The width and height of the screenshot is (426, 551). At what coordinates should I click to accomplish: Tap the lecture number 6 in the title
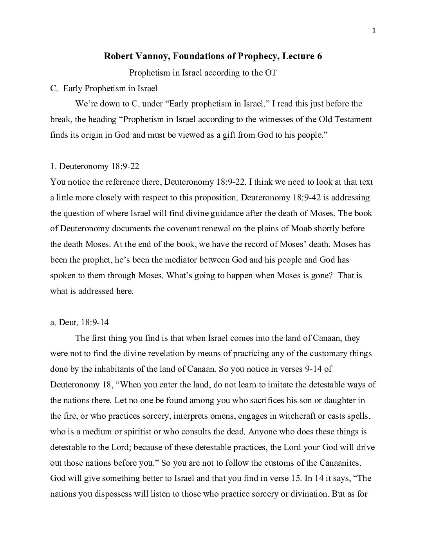(319, 56)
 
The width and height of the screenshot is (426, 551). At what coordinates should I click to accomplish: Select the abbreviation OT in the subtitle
(271, 73)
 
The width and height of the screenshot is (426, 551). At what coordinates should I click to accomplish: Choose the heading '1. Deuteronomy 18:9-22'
(95, 166)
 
